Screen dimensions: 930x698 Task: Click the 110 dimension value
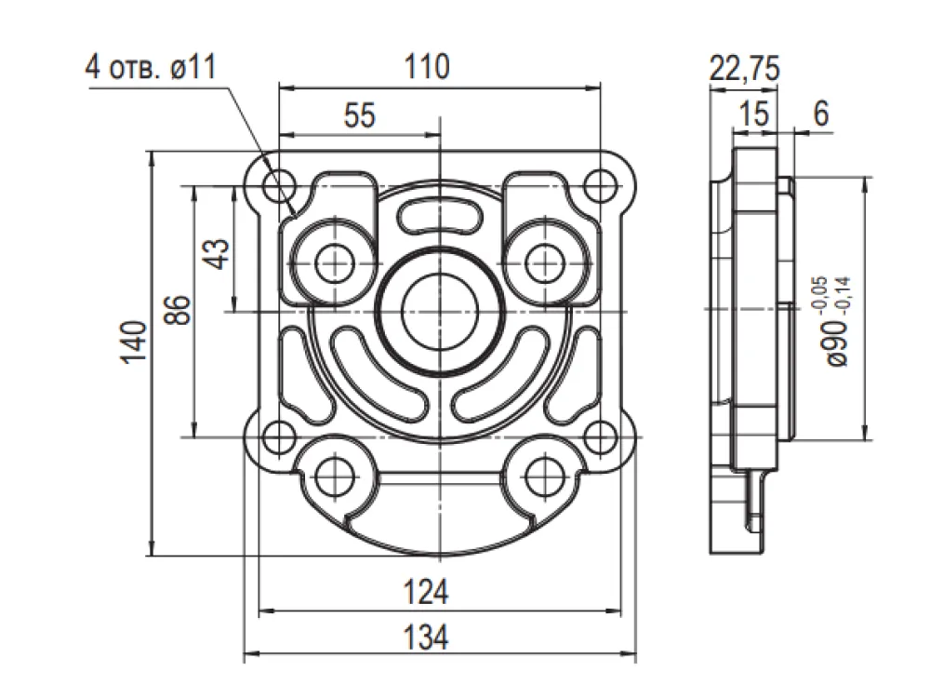pos(427,66)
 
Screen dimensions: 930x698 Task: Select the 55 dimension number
pos(359,115)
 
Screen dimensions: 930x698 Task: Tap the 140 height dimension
pos(133,342)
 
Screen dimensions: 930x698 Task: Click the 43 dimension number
pos(219,254)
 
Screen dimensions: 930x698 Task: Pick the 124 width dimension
pos(426,592)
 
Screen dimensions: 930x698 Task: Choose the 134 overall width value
pos(426,638)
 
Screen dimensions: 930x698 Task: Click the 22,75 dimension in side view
pos(744,68)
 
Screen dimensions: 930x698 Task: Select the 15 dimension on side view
pos(754,114)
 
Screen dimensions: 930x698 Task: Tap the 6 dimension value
pos(821,113)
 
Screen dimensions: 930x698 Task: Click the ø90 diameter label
pos(838,342)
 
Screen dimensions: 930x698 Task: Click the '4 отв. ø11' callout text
pos(151,67)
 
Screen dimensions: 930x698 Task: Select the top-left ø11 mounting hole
pos(280,186)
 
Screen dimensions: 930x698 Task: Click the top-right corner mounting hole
pos(600,186)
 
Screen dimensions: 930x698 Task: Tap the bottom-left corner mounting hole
pos(277,438)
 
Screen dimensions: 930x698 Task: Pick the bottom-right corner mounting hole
pos(600,438)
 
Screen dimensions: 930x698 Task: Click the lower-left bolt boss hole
pos(335,476)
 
